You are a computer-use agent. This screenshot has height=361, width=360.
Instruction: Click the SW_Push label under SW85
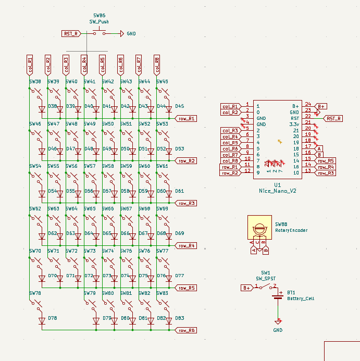pos(98,22)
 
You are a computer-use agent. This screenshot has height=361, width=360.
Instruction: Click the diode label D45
pos(179,106)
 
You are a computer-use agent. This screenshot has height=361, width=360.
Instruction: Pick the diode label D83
pos(179,318)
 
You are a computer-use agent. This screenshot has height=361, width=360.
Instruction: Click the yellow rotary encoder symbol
pos(259,228)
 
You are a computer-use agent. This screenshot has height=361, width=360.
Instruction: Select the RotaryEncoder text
pos(291,230)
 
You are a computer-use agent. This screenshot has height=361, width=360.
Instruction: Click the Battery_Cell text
pos(301,298)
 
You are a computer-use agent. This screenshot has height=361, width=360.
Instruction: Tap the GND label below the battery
pos(278,330)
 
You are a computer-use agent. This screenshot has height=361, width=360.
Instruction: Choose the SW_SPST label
pos(266,279)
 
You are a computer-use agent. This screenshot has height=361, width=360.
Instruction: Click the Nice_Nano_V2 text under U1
pos(278,191)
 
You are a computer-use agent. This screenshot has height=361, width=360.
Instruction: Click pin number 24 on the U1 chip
pos(308,104)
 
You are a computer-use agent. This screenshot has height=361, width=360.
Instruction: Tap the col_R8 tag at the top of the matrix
pos(157,66)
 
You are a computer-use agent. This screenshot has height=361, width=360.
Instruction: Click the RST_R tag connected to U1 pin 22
pos(334,118)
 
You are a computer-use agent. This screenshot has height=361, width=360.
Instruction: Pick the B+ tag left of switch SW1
pos(246,288)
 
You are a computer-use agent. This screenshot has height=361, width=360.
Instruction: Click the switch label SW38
pos(35,82)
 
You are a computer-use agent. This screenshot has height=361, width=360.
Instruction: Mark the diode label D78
pos(52,318)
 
